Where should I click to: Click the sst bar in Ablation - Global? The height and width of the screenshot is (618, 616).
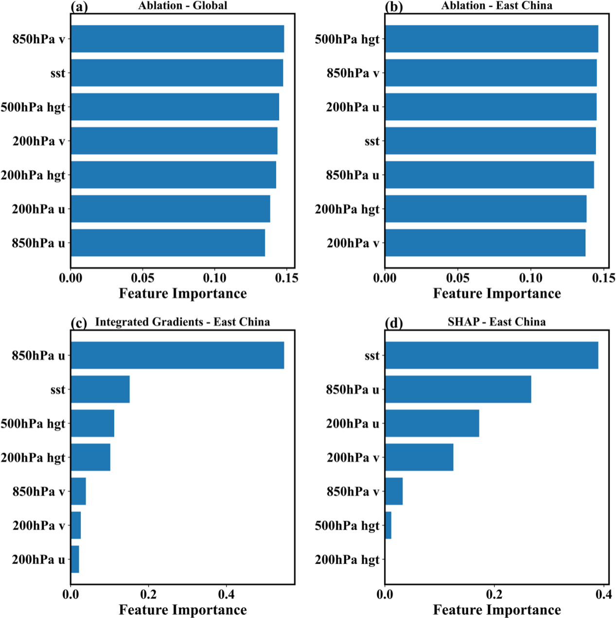tap(177, 73)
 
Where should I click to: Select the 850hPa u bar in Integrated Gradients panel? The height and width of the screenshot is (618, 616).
tap(177, 355)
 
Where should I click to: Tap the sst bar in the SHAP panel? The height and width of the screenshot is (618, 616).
tap(491, 355)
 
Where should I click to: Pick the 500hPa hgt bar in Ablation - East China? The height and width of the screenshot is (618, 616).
tap(491, 39)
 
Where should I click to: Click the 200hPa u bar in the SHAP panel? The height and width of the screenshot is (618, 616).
tap(432, 423)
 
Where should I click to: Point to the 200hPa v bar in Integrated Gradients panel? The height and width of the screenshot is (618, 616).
tap(76, 526)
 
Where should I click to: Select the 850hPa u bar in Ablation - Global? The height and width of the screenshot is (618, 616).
tap(168, 243)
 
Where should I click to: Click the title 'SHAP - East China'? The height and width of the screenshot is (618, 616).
tap(496, 322)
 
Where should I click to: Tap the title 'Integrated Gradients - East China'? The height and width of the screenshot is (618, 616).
tap(182, 322)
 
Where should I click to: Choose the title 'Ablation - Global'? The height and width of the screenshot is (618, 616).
tap(182, 6)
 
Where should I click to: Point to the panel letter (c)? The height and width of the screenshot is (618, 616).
tap(79, 323)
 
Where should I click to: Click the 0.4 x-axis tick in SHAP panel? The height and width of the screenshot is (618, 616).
tap(603, 594)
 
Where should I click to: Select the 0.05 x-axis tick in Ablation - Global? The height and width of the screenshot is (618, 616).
tap(142, 278)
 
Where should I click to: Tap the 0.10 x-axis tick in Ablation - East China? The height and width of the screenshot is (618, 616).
tap(530, 278)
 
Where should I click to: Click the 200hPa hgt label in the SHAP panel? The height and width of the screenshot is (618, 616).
tap(347, 560)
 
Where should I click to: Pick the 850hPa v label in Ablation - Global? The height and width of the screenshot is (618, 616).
tap(39, 39)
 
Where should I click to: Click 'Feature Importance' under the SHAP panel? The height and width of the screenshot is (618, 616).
tap(497, 610)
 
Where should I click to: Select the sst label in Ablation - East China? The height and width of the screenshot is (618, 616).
tap(372, 141)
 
